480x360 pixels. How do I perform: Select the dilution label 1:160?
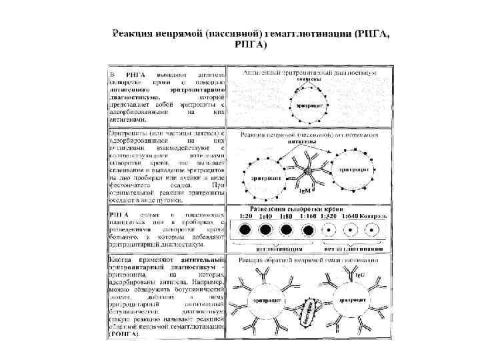pos(309,217)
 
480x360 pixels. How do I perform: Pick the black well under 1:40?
pos(265,231)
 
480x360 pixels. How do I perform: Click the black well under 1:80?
pos(287,231)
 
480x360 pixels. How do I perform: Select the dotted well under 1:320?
pos(329,231)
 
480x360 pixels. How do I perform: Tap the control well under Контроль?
pos(372,231)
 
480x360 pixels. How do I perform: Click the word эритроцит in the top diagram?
pos(308,105)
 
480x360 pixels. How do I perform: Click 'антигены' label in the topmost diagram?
pos(309,79)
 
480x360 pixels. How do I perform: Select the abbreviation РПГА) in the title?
pos(251,45)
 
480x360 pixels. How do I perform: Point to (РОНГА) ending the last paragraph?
pos(125,333)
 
